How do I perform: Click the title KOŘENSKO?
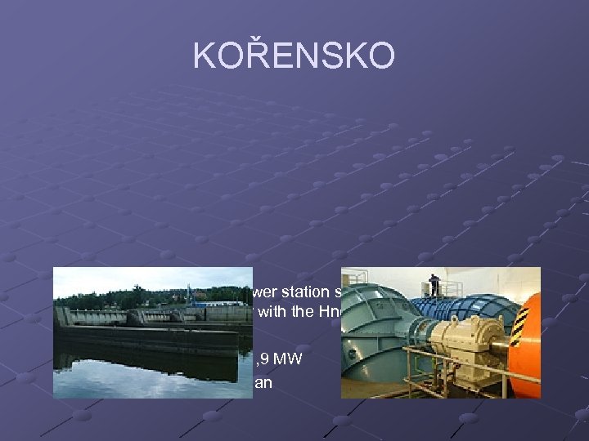[294, 56]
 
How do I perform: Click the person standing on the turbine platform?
[434, 284]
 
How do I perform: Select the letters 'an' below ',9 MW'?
[263, 380]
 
